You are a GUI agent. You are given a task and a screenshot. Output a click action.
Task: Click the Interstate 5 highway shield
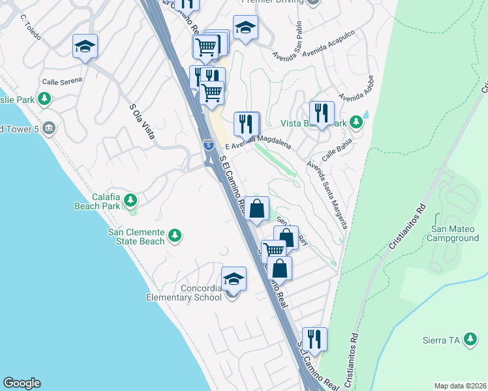click(208, 145)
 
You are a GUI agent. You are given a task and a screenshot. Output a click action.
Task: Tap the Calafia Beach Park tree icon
click(130, 199)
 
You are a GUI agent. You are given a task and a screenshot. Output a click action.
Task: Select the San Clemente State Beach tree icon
click(174, 235)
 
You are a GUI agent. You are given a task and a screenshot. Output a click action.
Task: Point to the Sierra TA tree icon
click(470, 340)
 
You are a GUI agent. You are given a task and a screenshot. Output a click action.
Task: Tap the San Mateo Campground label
click(455, 233)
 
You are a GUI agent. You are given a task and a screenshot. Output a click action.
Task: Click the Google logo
click(22, 383)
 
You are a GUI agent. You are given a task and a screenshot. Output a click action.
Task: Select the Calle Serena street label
click(62, 81)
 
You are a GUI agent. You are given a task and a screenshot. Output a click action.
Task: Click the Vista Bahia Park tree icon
click(356, 122)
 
